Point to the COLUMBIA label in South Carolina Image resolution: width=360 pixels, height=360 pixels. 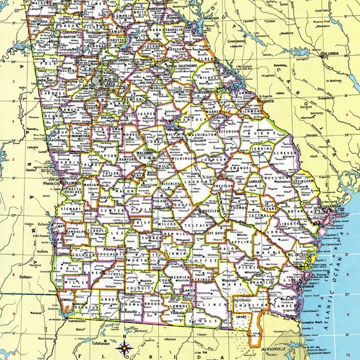331,55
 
